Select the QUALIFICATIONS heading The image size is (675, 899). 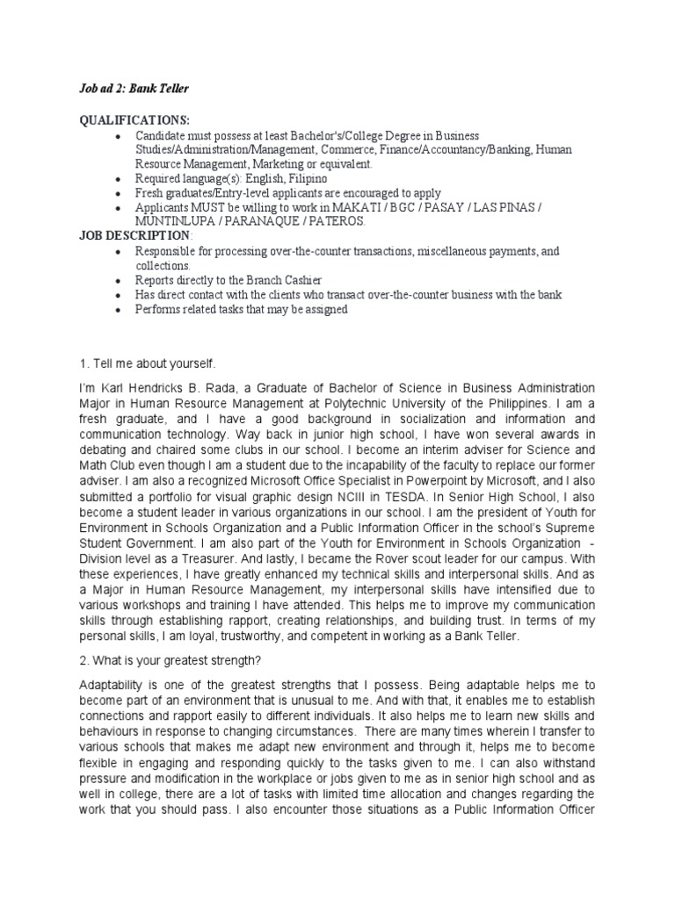134,120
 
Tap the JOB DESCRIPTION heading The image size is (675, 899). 134,236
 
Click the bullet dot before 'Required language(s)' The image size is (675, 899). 120,178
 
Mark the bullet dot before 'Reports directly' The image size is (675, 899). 120,280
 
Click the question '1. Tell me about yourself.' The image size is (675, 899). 148,363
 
